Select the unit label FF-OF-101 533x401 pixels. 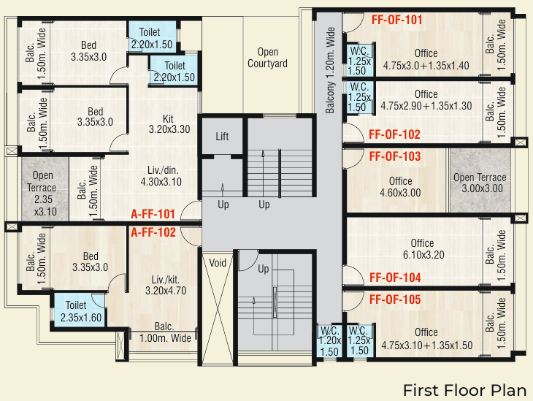[x=397, y=20]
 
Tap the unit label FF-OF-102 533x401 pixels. [x=394, y=134]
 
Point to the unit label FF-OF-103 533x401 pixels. [x=394, y=156]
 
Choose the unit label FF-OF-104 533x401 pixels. [x=394, y=278]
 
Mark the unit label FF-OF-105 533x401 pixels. [x=394, y=299]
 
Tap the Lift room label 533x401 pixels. [x=223, y=137]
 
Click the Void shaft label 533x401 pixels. [x=218, y=262]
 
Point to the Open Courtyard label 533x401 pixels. [x=267, y=58]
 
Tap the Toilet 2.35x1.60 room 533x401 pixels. [x=76, y=311]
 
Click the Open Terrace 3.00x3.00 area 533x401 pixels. [x=479, y=183]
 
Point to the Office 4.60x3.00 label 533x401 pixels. [x=400, y=188]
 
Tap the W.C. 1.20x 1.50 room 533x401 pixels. [x=329, y=340]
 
